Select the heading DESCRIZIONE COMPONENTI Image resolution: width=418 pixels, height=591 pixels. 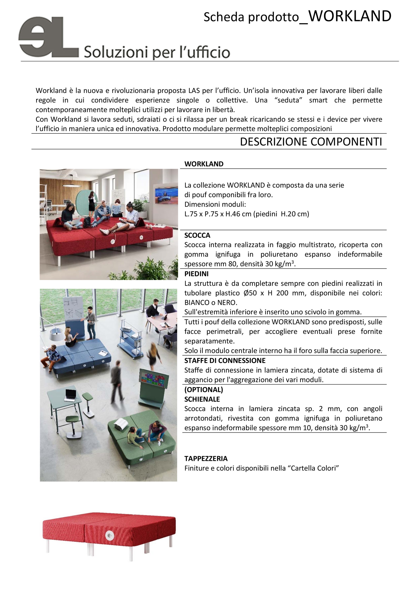[311, 142]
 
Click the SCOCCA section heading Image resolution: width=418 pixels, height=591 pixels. [197, 235]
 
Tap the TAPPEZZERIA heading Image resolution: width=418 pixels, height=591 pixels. [206, 458]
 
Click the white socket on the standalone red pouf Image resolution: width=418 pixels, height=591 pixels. [109, 536]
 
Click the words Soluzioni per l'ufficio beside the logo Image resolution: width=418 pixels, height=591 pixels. [157, 53]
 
